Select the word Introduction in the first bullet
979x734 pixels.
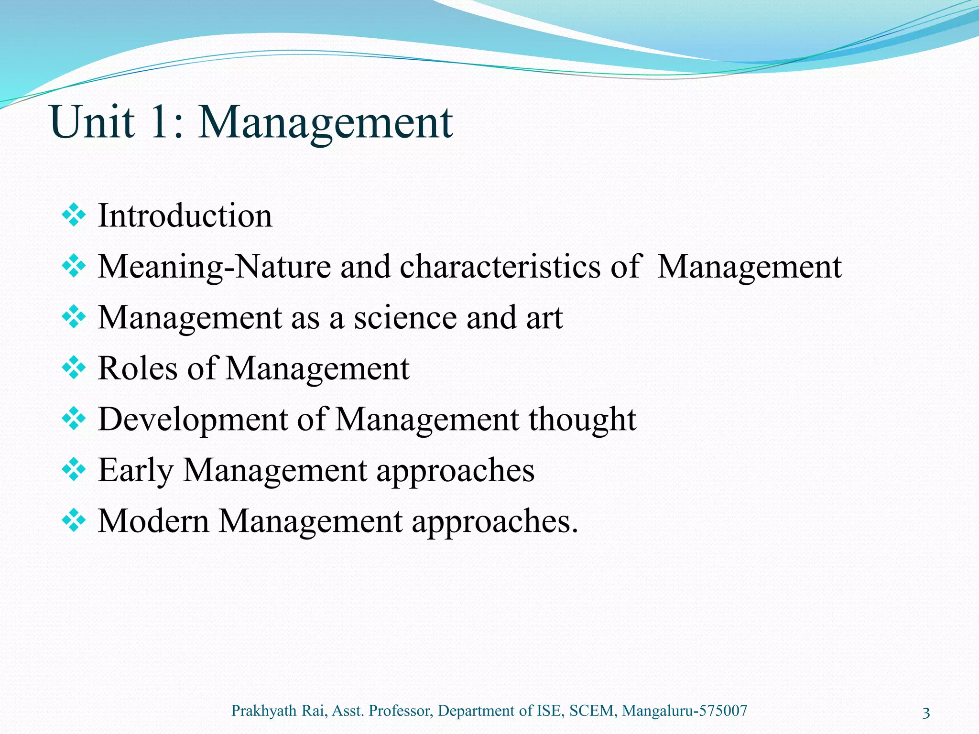pos(185,216)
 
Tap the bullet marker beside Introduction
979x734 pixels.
pos(74,216)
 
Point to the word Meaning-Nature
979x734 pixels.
pos(214,267)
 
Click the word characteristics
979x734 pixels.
pos(500,267)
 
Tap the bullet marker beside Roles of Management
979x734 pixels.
pos(74,368)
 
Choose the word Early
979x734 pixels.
pos(135,471)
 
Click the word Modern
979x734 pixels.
pos(153,521)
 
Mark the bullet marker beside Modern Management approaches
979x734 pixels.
pos(74,521)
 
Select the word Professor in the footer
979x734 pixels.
pos(401,711)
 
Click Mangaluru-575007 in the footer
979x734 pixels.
pos(685,711)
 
